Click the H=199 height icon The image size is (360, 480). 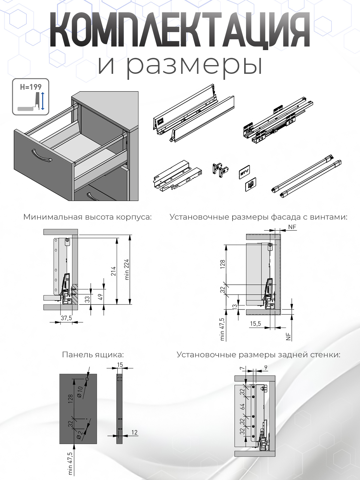click(x=30, y=97)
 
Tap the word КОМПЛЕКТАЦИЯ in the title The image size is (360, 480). click(x=179, y=30)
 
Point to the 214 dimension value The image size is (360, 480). click(x=113, y=271)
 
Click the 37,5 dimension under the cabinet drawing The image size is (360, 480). click(x=66, y=318)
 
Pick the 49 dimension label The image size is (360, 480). click(x=100, y=297)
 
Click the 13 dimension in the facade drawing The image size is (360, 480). click(x=235, y=307)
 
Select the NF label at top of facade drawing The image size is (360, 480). click(x=292, y=227)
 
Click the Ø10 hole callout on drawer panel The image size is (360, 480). click(x=80, y=392)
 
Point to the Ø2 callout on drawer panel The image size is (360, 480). click(x=79, y=435)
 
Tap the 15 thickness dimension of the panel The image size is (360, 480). click(x=120, y=365)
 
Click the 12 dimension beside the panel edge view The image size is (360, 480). click(x=134, y=432)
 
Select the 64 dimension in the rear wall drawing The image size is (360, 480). click(x=242, y=406)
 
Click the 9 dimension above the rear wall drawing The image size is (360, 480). click(x=266, y=367)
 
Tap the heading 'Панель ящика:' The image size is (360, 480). click(x=93, y=355)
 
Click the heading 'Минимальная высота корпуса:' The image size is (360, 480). click(x=87, y=217)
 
